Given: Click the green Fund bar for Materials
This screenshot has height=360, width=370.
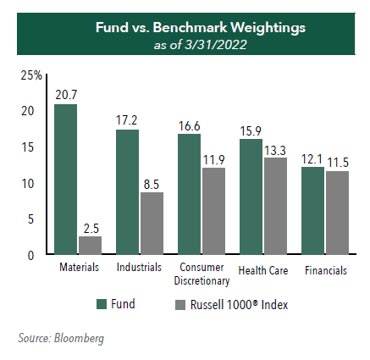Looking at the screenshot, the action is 65,180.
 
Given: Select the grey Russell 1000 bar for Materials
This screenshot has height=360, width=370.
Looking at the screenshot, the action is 90,246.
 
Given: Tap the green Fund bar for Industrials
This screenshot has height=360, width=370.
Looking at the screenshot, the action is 127,192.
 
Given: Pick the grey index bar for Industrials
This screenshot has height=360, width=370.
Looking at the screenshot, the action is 152,224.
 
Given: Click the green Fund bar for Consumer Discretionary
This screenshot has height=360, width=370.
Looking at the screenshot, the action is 189,194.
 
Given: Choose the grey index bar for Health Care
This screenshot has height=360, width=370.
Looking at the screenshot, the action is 275,206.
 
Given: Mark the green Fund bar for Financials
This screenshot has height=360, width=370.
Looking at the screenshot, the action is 312,211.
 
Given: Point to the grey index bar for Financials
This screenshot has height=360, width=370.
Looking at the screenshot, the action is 337,213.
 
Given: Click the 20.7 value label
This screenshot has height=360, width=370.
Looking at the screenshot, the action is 66,95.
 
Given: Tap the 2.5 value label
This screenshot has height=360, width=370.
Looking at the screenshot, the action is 91,229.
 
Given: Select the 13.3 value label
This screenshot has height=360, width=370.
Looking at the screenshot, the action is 275,151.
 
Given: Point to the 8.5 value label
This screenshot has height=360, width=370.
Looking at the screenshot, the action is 152,185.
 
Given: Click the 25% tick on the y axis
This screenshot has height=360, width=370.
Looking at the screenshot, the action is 31,75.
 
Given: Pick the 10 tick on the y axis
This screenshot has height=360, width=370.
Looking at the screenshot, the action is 28,184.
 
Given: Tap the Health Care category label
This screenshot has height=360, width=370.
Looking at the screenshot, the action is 263,270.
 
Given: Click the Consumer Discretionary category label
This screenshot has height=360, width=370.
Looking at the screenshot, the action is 202,274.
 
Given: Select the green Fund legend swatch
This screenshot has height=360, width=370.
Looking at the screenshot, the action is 102,304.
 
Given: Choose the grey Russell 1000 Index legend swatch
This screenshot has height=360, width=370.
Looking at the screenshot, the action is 180,305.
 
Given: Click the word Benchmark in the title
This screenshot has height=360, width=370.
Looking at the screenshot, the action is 190,28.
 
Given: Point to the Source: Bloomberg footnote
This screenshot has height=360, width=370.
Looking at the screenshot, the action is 61,339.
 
